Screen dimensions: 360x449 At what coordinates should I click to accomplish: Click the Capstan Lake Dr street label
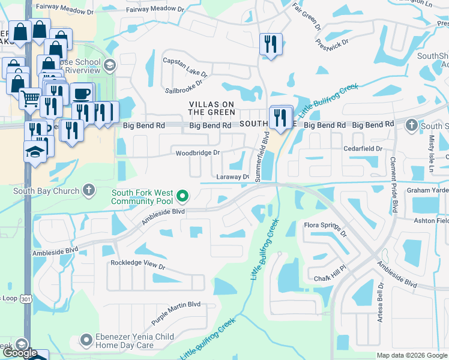coord(185,68)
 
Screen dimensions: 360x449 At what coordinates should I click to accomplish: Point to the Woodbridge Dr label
coord(198,154)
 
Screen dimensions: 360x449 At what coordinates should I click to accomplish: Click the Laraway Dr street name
coord(233,177)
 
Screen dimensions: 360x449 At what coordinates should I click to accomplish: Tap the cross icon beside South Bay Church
coord(88,191)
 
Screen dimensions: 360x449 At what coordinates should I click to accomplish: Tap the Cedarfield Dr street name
coord(363,149)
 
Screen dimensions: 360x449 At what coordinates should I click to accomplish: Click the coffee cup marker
coord(82,94)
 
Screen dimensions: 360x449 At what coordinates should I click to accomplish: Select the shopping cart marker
coord(29,97)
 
